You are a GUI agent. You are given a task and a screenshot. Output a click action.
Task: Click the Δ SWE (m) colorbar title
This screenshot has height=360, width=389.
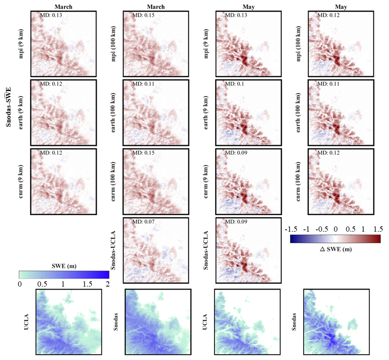335,249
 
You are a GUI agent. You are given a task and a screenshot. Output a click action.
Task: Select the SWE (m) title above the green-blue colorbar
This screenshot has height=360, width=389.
64,265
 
